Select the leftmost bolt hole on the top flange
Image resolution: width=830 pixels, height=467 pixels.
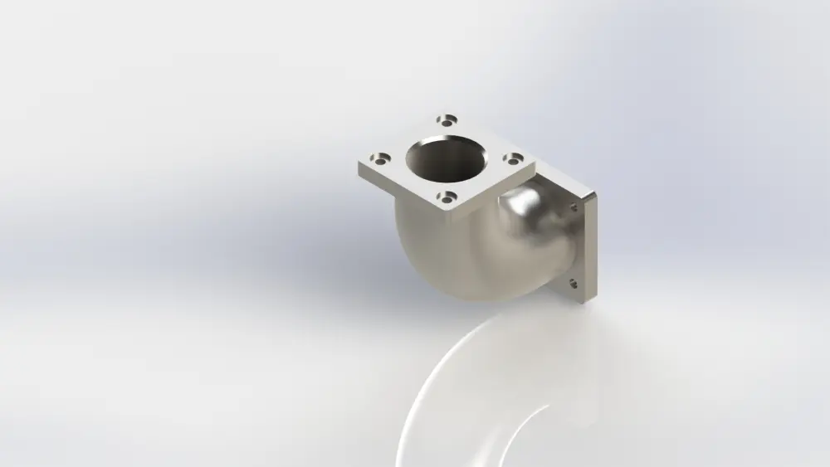381,156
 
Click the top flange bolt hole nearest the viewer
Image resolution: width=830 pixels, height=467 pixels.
447,197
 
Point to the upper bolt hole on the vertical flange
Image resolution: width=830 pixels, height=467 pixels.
574,207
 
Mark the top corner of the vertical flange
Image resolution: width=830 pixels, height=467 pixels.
593,194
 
